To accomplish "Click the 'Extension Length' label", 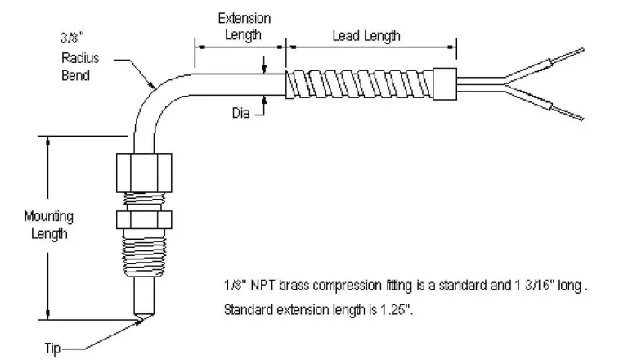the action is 244,26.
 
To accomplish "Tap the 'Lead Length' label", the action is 366,36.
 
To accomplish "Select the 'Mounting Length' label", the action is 49,225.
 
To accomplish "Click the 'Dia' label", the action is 240,113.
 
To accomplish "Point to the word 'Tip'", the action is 52,348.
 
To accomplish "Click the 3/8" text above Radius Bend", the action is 73,38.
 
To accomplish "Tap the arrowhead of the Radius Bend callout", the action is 151,84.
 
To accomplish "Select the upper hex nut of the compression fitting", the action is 144,173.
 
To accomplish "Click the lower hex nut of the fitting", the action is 144,220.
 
